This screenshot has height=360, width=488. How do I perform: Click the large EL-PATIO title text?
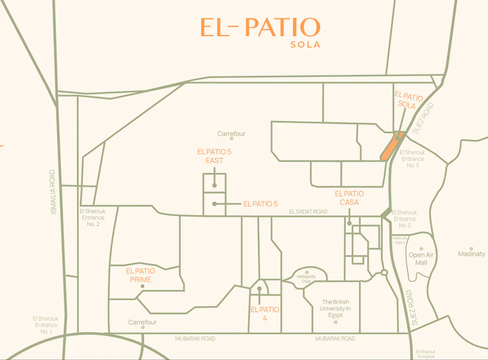260,27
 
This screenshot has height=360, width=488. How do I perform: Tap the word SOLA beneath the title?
305,44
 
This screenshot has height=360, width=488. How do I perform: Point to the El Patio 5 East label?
214,156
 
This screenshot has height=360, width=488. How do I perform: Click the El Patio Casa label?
349,198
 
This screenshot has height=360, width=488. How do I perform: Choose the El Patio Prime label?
141,275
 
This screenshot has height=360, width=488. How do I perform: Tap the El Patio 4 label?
265,314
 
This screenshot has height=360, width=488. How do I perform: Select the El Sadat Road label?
308,211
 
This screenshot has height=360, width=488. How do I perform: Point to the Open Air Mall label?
421,259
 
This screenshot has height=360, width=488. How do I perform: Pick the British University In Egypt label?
336,308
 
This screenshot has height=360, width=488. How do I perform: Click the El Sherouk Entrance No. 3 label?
412,159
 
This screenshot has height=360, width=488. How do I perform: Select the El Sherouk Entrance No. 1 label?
46,325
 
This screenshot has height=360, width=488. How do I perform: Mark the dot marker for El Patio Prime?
142,286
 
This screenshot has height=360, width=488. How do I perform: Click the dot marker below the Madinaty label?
471,249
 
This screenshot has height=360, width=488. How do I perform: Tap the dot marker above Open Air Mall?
422,249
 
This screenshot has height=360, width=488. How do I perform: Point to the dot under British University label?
336,322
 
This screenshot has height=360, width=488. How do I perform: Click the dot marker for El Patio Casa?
349,223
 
